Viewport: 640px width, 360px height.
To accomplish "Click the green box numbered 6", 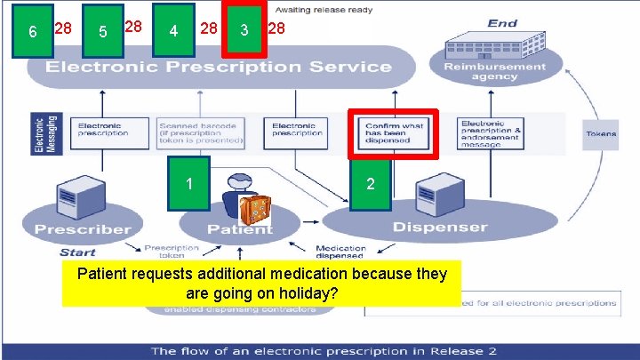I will coord(33,32).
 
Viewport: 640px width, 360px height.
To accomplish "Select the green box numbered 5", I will coord(103,32).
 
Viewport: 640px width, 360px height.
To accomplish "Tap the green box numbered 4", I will coord(173,31).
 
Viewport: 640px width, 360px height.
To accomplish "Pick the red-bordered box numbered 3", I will coord(244,30).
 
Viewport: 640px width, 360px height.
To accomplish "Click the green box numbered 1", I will coord(188,183).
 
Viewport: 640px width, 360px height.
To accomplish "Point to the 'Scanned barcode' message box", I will coord(201,133).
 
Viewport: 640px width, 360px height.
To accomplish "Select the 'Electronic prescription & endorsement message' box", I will coord(492,133).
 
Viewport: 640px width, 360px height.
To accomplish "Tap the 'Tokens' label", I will coord(601,134).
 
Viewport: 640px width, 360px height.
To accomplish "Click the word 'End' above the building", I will coord(503,23).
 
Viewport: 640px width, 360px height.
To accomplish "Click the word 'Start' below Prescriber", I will coord(77,252).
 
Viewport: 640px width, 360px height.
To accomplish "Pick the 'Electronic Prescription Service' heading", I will coord(219,67).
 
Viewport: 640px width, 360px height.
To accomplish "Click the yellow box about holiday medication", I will coord(261,283).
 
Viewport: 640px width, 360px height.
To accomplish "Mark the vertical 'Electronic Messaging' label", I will coord(40,133).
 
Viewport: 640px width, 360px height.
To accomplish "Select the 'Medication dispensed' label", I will coord(340,252).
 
